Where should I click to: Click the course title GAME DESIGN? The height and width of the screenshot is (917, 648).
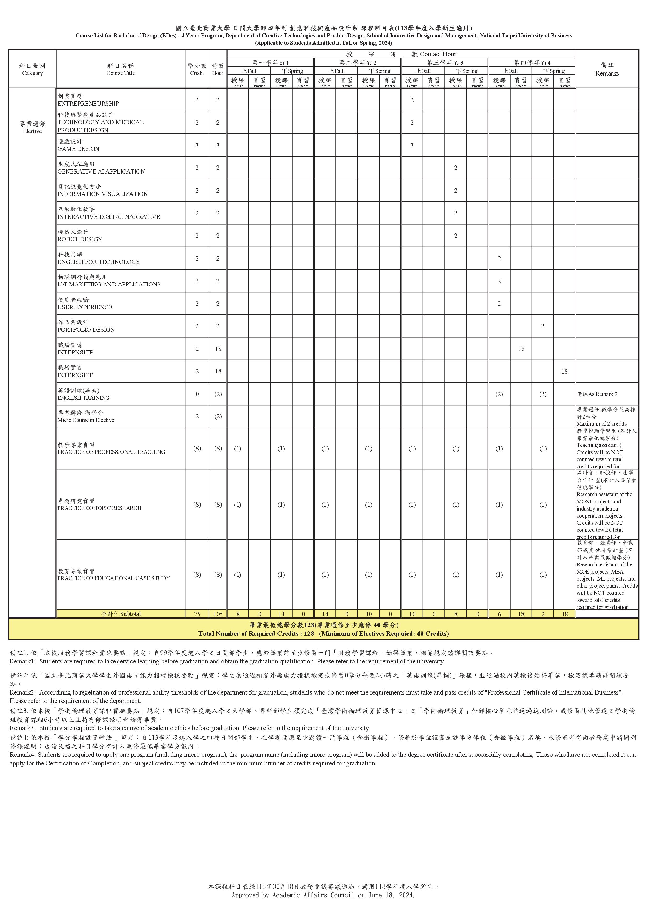coord(78,148)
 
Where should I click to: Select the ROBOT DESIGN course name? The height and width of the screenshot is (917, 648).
coord(80,239)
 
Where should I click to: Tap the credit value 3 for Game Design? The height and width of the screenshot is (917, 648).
coord(197,145)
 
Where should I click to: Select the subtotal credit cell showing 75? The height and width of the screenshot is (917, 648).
coord(197,614)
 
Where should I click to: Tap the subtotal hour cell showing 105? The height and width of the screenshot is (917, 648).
coord(218,614)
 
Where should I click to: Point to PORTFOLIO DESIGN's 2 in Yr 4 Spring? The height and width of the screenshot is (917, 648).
coord(543,326)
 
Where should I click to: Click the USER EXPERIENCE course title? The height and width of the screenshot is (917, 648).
coord(85,307)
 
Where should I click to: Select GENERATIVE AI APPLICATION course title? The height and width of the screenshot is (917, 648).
coord(101,171)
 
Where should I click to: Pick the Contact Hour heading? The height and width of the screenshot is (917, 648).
coord(438,54)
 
